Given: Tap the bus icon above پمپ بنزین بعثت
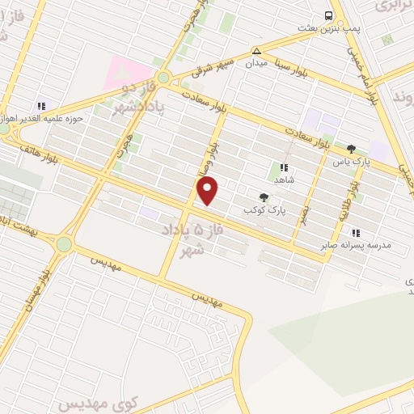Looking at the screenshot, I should click(329, 15).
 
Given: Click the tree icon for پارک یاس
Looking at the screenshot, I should click(351, 149).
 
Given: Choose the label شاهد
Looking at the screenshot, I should click(283, 180).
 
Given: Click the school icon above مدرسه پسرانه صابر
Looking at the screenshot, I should click(356, 233).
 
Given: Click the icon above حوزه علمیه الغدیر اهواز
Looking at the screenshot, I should click(41, 105).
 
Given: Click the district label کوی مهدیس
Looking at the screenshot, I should click(83, 401).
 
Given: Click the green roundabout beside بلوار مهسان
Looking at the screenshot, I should click(63, 243).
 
